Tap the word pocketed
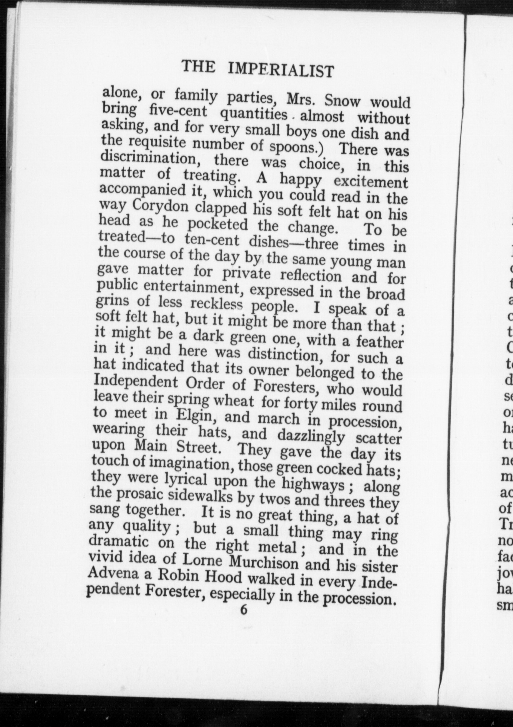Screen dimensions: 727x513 [x=218, y=224]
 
